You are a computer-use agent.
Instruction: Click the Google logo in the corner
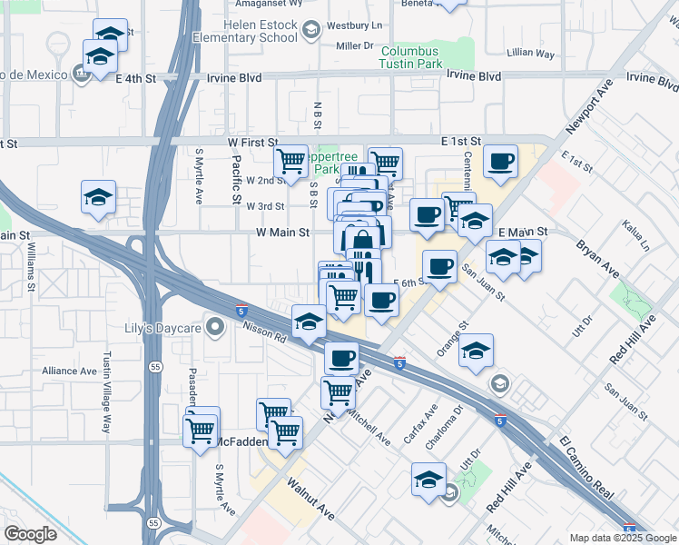30,533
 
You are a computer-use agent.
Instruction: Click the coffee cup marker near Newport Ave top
500,163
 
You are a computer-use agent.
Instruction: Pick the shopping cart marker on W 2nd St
290,162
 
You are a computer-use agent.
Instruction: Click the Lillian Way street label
532,54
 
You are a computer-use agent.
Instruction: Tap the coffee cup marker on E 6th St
439,268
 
